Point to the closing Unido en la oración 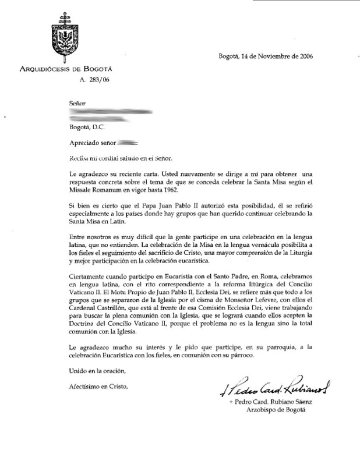point(97,371)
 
